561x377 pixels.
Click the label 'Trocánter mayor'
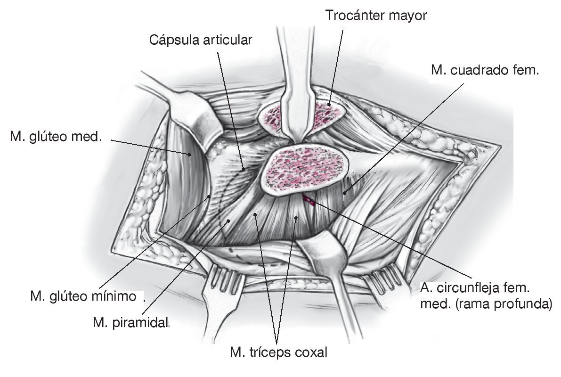tap(376, 16)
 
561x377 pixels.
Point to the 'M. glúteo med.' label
tap(56, 137)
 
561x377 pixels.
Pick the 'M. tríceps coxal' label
tap(278, 352)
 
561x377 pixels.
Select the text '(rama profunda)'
tap(511, 304)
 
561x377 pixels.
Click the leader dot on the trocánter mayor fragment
tap(330, 105)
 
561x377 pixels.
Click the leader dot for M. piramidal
tap(228, 220)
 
